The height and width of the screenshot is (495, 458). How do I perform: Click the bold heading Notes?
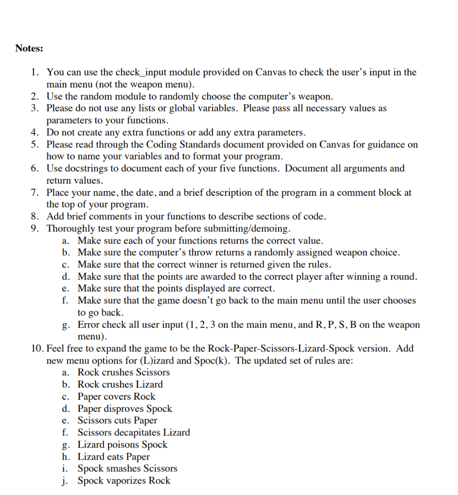pos(29,48)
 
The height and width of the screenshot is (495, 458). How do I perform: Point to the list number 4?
pos(34,132)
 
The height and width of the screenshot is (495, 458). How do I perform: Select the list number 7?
pos(34,192)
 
